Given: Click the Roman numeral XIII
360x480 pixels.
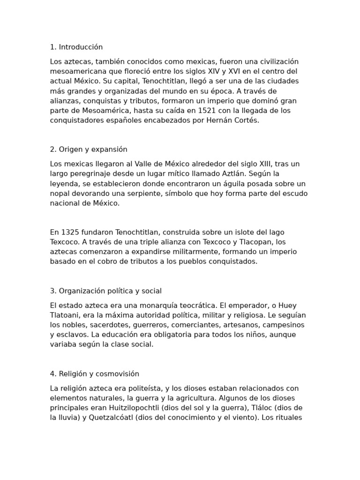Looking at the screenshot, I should tap(262, 164).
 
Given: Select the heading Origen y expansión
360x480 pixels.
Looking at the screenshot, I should tap(93, 149).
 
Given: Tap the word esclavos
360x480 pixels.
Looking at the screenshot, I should tap(70, 335).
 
